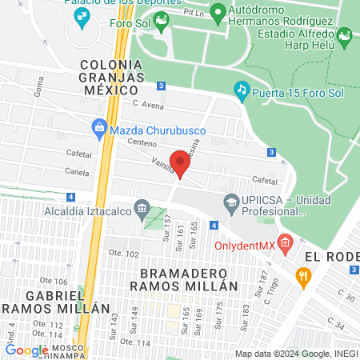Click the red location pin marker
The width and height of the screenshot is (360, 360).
(180, 164)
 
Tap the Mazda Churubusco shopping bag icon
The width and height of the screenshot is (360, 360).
(99, 126)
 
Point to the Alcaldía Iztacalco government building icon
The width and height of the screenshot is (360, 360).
(142, 210)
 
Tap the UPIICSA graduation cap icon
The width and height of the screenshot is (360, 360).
(231, 202)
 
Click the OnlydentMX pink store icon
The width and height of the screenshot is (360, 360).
(286, 242)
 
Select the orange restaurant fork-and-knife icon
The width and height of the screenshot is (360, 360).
(303, 278)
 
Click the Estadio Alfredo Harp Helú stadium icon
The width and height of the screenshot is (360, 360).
(344, 36)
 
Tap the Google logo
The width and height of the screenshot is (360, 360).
(26, 350)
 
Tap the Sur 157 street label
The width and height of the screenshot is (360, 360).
(166, 224)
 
